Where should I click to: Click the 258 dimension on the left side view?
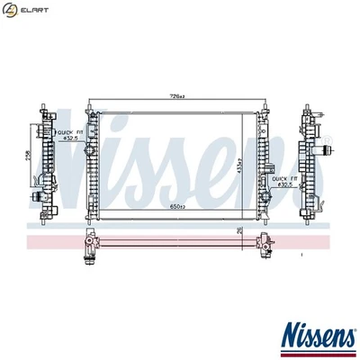pyautogui.click(x=27, y=155)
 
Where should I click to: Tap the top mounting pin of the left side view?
pyautogui.click(x=43, y=105)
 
